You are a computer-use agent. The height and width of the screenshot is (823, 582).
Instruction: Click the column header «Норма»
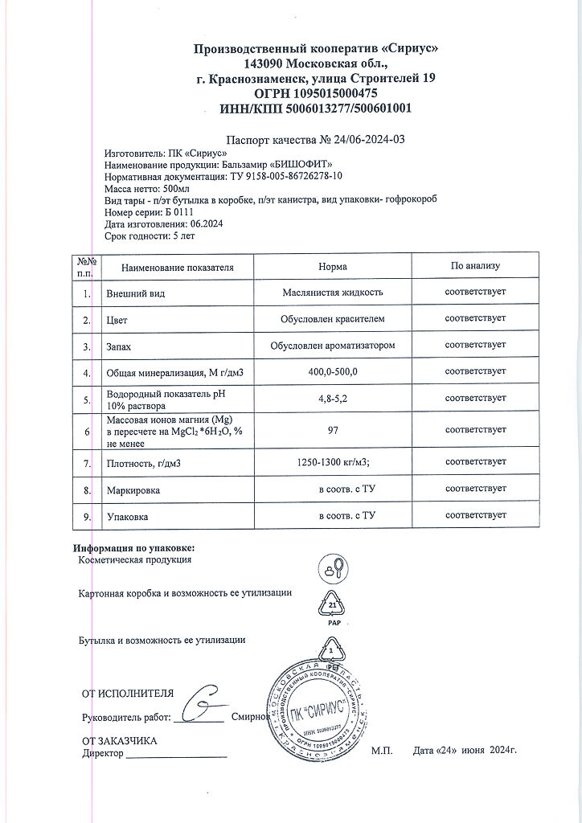pyautogui.click(x=333, y=267)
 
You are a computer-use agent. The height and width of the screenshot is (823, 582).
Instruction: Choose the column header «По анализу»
pyautogui.click(x=475, y=266)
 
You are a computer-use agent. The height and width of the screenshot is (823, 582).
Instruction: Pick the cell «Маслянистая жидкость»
pyautogui.click(x=333, y=293)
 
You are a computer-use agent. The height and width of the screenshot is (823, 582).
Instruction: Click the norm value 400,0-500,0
pyautogui.click(x=333, y=371)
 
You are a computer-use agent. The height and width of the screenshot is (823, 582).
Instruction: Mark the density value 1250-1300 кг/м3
pyautogui.click(x=333, y=462)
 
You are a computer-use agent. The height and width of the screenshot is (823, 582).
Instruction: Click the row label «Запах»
pyautogui.click(x=118, y=346)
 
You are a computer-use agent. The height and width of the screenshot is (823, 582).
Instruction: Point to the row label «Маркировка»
pyautogui.click(x=133, y=489)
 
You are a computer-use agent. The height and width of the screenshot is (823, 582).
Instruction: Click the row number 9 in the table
pyautogui.click(x=86, y=517)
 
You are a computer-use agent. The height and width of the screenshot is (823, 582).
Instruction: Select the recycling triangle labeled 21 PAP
pyautogui.click(x=333, y=604)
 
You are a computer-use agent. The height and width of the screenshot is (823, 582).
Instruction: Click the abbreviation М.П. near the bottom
pyautogui.click(x=382, y=751)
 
